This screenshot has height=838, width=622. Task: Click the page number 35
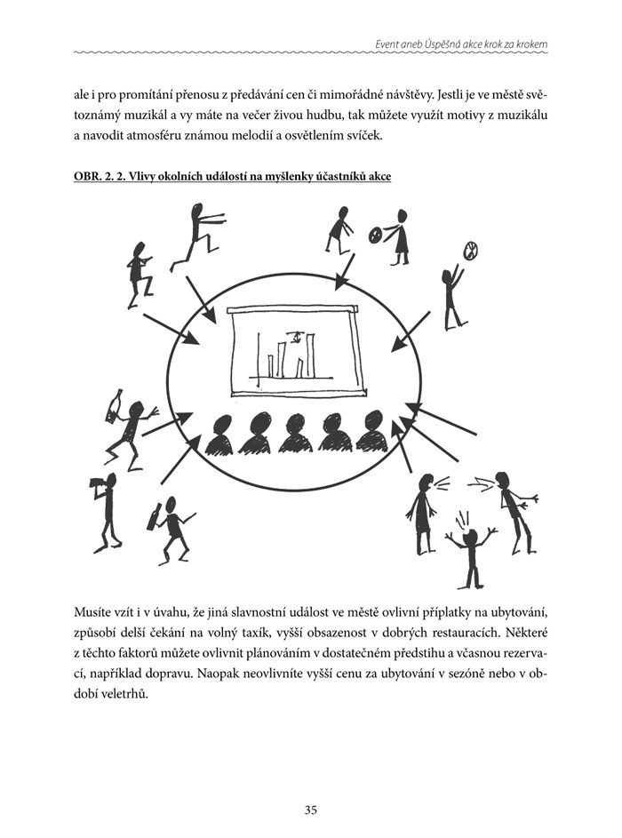pos(311,785)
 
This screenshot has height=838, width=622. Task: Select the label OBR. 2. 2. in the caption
pos(101,177)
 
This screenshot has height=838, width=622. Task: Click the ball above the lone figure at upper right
pos(469,251)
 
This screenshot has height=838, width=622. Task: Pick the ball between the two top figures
pos(376,234)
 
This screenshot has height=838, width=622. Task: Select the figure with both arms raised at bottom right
pos(470,551)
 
